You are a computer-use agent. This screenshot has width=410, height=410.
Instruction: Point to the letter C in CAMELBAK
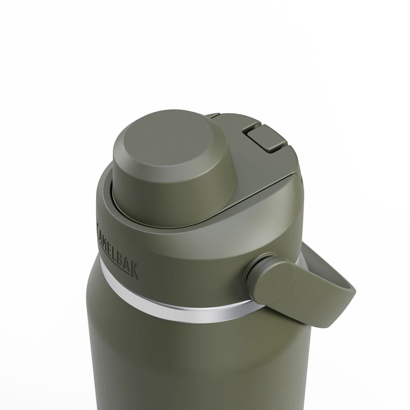tap(98, 225)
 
